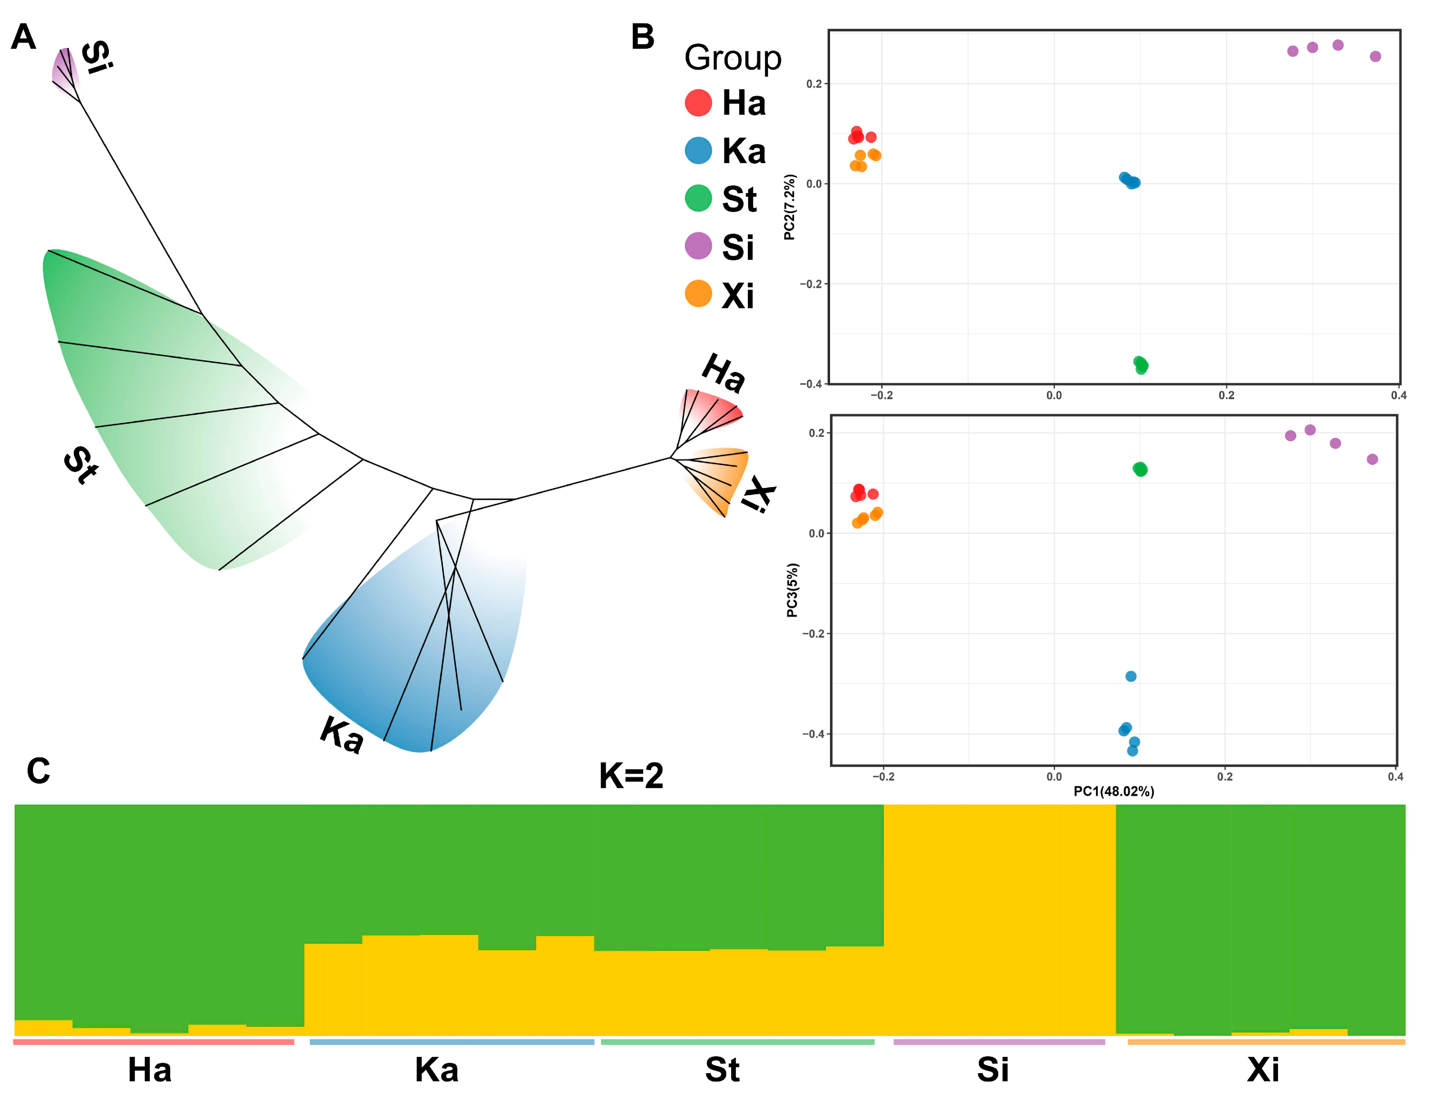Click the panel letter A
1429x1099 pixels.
pos(23,37)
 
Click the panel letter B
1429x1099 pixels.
pos(642,37)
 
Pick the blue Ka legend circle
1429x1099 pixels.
pos(698,151)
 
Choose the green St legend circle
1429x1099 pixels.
pos(698,198)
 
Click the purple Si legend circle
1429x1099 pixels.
pos(698,246)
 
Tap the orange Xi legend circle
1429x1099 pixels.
pos(698,294)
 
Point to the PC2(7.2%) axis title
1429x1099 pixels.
pos(790,207)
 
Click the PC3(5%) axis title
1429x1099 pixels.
pos(792,590)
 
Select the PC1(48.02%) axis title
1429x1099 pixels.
pos(1114,792)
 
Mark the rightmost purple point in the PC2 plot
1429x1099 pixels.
pos(1375,57)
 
